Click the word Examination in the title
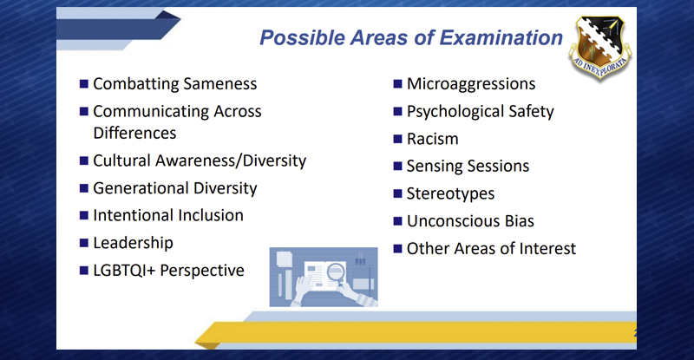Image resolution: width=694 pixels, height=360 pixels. [x=501, y=37]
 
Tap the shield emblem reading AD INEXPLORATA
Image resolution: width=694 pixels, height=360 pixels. [x=600, y=47]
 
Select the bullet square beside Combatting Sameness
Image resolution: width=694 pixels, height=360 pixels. [x=83, y=83]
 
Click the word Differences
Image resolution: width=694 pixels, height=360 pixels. [x=134, y=133]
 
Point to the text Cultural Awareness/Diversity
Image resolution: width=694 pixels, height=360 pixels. [x=200, y=160]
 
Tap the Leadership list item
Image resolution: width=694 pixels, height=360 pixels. [x=133, y=243]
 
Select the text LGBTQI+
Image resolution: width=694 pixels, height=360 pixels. [x=124, y=270]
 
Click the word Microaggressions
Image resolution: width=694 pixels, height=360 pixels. [x=471, y=83]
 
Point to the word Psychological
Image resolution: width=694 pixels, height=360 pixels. [x=455, y=112]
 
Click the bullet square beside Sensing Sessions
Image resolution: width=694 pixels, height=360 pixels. [x=397, y=166]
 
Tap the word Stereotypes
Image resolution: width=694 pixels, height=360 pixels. [x=450, y=193]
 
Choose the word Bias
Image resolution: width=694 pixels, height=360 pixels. [x=520, y=221]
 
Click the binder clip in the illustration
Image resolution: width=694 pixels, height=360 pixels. [x=360, y=259]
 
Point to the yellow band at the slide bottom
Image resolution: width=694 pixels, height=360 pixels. [x=416, y=333]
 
